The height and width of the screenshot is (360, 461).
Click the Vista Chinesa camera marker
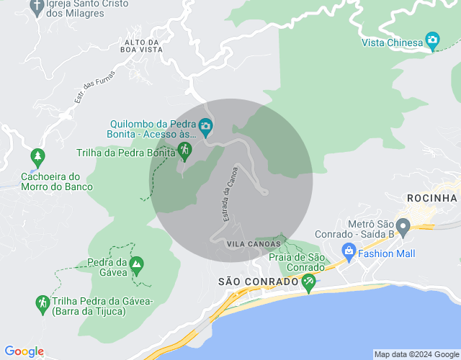click(x=432, y=40)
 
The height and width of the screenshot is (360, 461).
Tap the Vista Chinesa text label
click(x=392, y=42)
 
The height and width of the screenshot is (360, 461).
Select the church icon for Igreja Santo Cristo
click(x=37, y=6)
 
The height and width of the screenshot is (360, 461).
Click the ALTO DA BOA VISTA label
click(x=141, y=46)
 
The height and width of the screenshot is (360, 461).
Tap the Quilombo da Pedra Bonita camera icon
click(x=205, y=127)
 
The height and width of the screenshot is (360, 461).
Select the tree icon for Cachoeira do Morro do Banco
click(x=37, y=156)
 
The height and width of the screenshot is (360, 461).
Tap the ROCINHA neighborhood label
click(x=432, y=198)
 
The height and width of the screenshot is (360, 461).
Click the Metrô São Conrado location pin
click(x=403, y=228)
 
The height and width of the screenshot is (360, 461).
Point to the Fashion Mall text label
click(x=388, y=253)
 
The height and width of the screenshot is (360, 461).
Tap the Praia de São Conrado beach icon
click(x=309, y=282)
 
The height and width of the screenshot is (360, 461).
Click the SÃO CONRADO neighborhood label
click(x=258, y=282)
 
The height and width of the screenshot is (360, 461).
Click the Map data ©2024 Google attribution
click(x=416, y=354)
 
